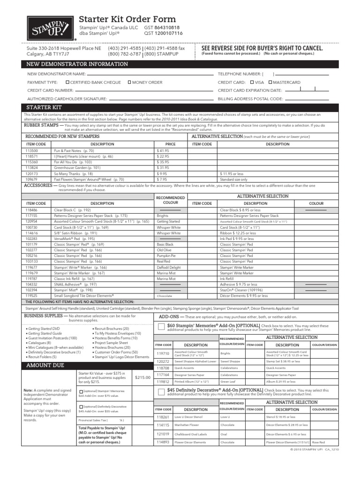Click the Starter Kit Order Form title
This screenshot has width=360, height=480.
coord(127,19)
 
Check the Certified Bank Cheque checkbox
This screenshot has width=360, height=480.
coord(68,82)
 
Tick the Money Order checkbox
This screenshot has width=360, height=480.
coord(130,82)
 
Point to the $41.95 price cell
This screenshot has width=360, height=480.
coord(163,150)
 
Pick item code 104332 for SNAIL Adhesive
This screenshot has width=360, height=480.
coord(33,284)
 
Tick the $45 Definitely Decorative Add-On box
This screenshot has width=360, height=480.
coord(161,391)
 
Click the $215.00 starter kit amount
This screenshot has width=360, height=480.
coord(142,377)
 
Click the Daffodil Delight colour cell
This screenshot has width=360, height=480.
coord(169,267)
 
